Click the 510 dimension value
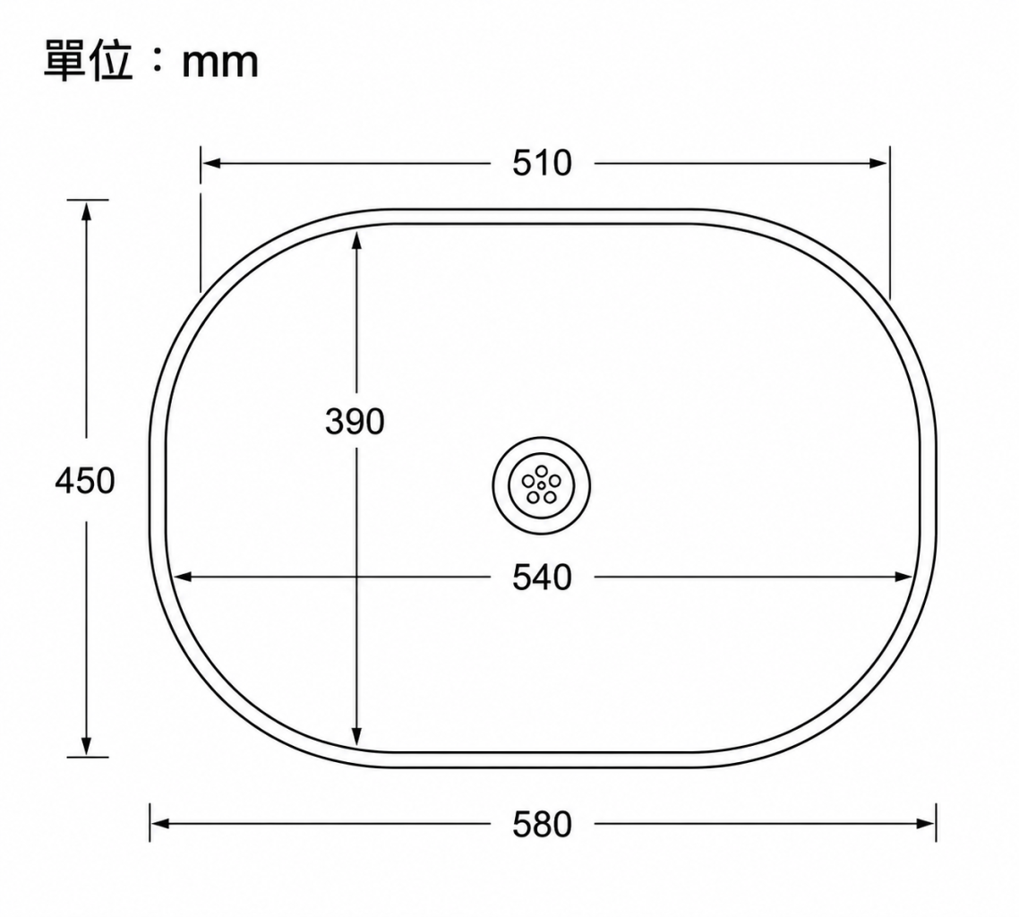coord(542,163)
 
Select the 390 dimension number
coord(355,421)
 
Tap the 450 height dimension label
coord(85,481)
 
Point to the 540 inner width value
coord(542,577)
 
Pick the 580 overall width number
coord(542,824)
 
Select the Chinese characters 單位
coord(89,60)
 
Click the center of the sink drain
coord(542,484)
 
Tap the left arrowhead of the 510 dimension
coord(212,163)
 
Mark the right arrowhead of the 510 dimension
coord(878,163)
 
